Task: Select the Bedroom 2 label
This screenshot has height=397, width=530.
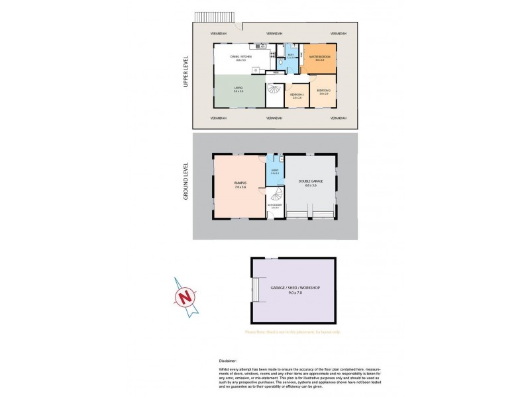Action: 323,91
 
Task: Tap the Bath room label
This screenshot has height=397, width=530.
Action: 281,55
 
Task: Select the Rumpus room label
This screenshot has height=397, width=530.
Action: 240,185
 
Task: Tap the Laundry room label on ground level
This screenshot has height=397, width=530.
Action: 275,172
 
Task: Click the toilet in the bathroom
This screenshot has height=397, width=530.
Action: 282,64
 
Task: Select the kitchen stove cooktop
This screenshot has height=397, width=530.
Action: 263,46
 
